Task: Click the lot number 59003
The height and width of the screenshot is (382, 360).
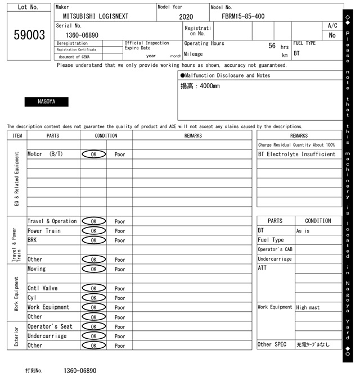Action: tap(29, 35)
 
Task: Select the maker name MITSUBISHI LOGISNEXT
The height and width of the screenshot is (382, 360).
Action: tap(96, 16)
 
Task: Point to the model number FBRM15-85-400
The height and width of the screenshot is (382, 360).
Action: tap(243, 16)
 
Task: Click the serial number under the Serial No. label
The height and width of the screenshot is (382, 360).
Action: tap(78, 35)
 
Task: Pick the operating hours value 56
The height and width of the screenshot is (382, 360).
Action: tap(272, 46)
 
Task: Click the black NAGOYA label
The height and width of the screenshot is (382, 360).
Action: tap(46, 102)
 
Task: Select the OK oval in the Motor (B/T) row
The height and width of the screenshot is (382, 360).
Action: tap(93, 154)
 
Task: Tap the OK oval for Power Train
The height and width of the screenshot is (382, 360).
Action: tap(93, 231)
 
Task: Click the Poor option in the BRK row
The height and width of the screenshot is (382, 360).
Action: tap(120, 240)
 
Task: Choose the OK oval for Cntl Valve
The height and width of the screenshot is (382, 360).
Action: tap(93, 289)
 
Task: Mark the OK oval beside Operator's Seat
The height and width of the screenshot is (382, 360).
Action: tap(93, 327)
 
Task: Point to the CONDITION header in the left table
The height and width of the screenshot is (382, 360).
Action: tap(106, 135)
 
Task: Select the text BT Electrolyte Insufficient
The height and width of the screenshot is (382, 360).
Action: tap(296, 154)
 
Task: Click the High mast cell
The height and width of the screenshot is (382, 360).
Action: tap(309, 307)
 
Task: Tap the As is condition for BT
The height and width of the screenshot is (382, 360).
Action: tap(303, 231)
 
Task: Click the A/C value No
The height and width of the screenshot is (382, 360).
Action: tap(332, 35)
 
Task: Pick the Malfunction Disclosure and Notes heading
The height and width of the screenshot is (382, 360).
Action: tap(225, 75)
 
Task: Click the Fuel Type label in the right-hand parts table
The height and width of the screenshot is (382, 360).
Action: tap(271, 240)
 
